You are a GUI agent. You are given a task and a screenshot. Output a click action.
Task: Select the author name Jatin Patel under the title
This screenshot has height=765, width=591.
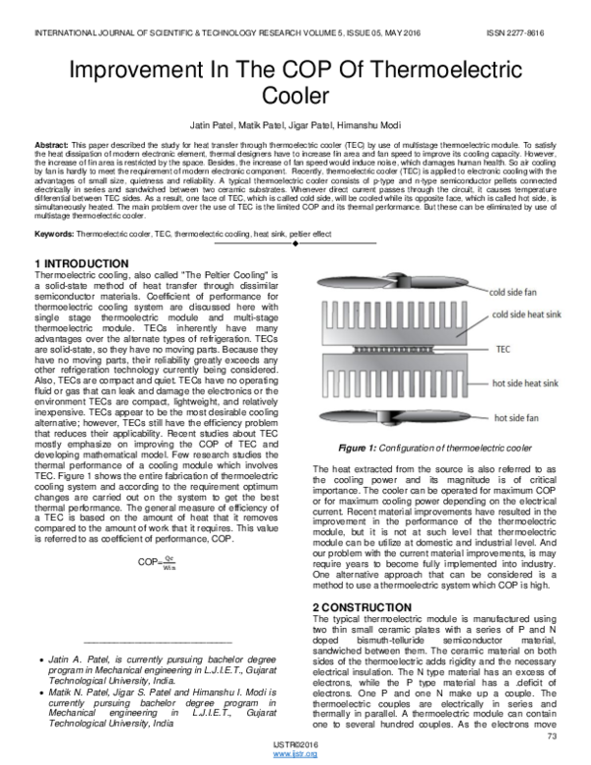(x=225, y=125)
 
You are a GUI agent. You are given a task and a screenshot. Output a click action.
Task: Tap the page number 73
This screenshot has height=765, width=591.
(x=552, y=735)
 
